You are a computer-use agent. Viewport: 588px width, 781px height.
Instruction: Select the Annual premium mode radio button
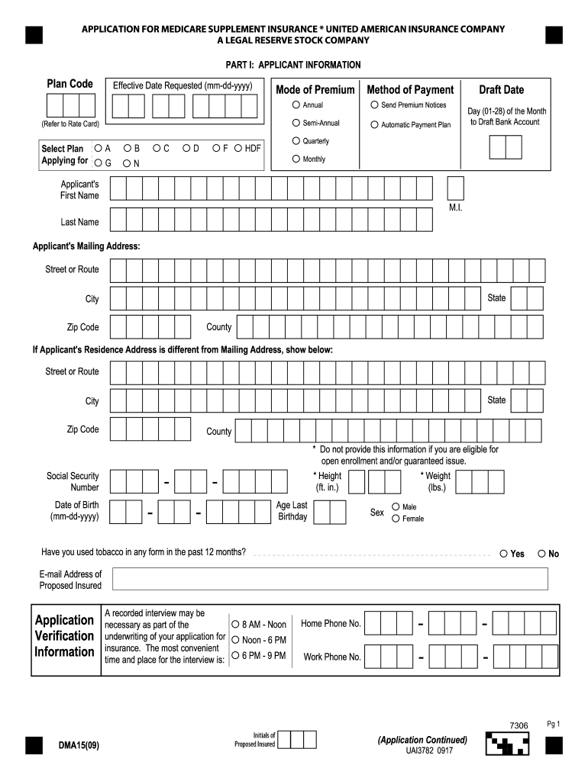click(x=296, y=104)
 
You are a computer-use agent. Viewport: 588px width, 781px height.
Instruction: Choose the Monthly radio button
click(x=296, y=159)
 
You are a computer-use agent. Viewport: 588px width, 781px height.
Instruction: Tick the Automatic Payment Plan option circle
click(x=374, y=124)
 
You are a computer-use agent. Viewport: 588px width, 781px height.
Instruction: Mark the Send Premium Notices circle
click(x=374, y=104)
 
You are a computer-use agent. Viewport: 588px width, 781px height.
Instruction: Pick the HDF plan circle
click(x=238, y=148)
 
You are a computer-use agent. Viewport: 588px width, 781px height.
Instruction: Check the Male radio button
click(x=396, y=506)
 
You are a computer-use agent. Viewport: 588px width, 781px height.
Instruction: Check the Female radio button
click(x=396, y=519)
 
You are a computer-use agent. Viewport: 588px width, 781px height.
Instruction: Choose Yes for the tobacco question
click(x=504, y=554)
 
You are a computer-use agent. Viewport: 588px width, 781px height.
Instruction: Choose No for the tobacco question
click(x=542, y=554)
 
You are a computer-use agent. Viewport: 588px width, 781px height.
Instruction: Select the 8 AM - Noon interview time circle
click(x=236, y=624)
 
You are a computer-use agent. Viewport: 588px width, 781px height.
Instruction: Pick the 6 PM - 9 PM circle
click(x=236, y=655)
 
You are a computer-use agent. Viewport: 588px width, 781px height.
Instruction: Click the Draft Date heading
click(x=501, y=90)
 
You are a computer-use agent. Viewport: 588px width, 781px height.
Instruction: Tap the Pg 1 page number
click(x=554, y=724)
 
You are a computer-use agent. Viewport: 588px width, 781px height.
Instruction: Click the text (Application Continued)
click(x=422, y=740)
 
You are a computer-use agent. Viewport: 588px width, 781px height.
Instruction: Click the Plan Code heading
click(x=70, y=84)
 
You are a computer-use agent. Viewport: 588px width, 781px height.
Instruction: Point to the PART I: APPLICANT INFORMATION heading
click(x=293, y=65)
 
